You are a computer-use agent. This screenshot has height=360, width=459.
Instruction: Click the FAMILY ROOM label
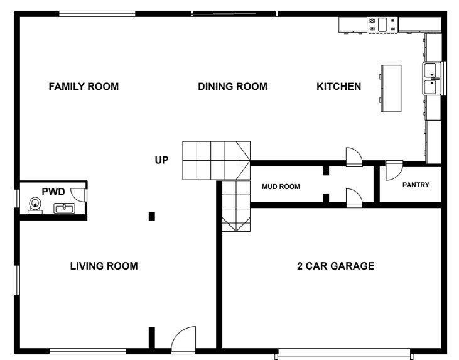84,87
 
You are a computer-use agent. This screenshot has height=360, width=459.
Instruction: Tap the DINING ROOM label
232,87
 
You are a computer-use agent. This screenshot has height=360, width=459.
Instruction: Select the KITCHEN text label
338,87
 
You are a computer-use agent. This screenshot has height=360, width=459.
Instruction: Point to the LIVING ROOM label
104,266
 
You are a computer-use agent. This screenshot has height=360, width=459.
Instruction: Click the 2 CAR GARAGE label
335,266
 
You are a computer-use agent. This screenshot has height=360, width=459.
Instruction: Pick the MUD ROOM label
281,187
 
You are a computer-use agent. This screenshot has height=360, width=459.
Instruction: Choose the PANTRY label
415,185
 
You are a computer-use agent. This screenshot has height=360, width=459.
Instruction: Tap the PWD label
53,191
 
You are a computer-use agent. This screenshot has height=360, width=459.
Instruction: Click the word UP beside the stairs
162,160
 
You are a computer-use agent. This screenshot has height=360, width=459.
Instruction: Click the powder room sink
64,207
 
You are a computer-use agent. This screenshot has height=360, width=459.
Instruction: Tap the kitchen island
391,88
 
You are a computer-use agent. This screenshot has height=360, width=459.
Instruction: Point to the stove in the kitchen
382,25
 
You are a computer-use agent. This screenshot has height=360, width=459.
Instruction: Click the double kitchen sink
431,79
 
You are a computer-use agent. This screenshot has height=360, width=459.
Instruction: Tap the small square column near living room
151,217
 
